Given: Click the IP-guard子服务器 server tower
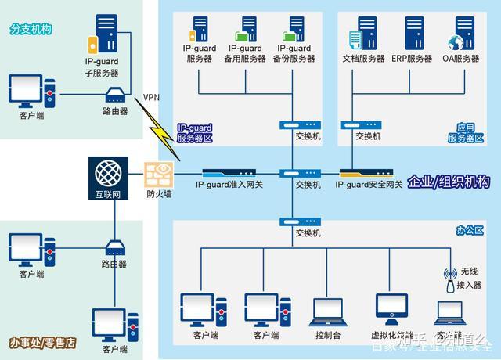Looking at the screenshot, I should coord(106,33).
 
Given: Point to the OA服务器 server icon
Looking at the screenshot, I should coord(460,33).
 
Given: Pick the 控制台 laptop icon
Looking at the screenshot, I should coord(328,312).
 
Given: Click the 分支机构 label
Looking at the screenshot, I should coord(31,29).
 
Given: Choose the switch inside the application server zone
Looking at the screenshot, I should coord(367,124).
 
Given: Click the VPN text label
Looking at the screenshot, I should coord(152,98).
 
